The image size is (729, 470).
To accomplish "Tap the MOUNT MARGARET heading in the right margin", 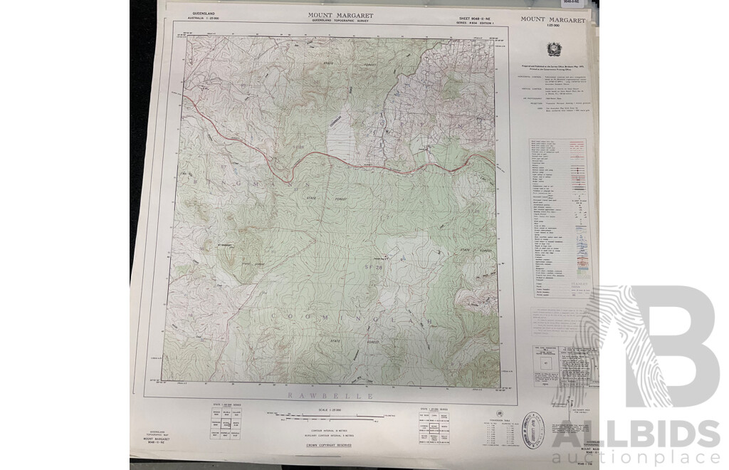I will tap(552, 20).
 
